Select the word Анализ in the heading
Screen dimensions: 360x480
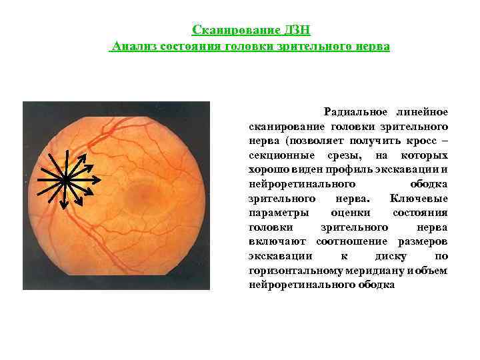[x=134, y=47]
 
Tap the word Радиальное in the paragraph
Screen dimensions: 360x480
[x=353, y=111]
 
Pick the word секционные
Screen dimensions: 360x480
[x=278, y=155]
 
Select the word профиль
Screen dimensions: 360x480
[x=337, y=170]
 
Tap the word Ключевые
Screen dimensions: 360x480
[x=418, y=199]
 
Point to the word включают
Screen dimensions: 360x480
[x=278, y=242]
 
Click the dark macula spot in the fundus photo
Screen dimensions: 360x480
[x=143, y=193]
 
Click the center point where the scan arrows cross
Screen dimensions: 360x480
[x=64, y=179]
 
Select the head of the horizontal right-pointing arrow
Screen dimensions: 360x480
[x=99, y=179]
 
